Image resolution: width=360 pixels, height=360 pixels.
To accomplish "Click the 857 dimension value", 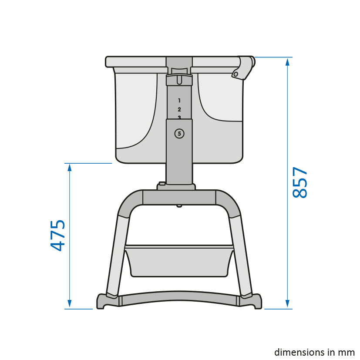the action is [x=299, y=182].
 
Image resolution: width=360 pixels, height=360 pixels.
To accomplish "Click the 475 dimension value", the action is [x=57, y=236].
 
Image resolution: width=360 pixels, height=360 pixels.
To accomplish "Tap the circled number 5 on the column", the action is [x=179, y=134].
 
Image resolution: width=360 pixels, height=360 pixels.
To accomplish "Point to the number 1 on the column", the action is [x=179, y=101].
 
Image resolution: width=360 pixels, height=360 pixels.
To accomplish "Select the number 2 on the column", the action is [x=179, y=110].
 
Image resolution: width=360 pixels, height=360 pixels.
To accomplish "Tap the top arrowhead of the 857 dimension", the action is [x=287, y=62].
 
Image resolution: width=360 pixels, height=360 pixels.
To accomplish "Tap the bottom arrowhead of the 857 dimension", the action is [x=287, y=304].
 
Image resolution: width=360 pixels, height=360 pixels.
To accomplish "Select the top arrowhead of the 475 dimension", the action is [x=70, y=168].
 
